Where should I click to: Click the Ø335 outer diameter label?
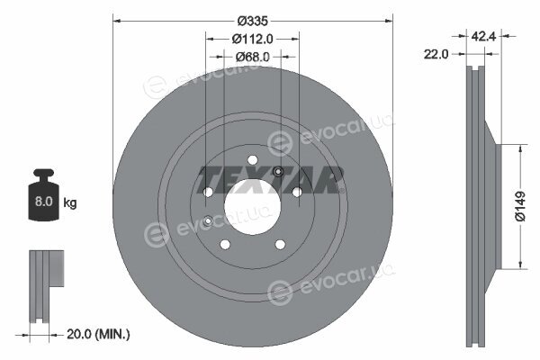[252, 21]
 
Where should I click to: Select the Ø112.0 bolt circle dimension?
[252, 39]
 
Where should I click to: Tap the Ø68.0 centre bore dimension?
[252, 57]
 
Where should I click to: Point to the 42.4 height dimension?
[483, 36]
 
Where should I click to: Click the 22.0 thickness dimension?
[436, 54]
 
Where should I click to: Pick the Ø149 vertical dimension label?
[520, 206]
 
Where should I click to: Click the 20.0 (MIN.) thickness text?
[98, 334]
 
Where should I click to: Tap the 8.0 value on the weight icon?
[44, 202]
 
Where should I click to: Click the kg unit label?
[70, 202]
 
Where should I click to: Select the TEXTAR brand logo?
[270, 180]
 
